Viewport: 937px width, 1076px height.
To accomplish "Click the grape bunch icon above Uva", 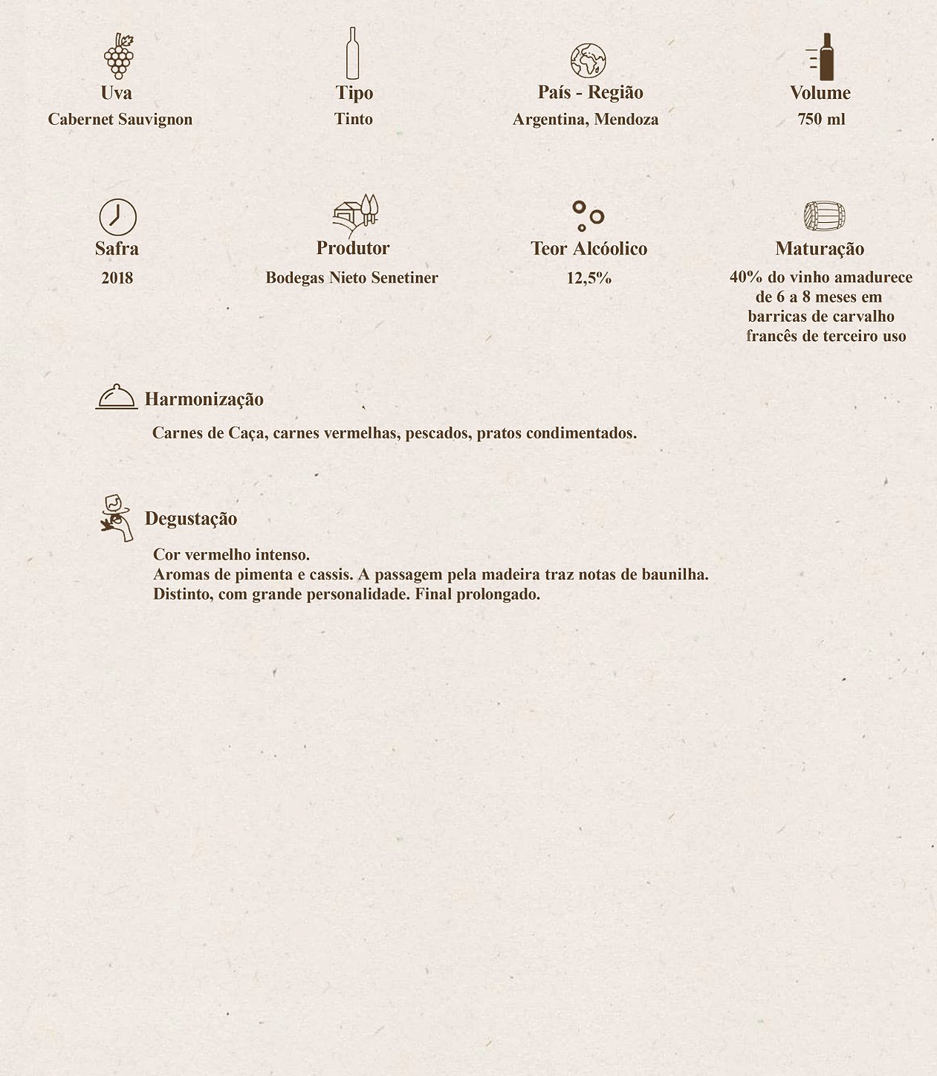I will [119, 56].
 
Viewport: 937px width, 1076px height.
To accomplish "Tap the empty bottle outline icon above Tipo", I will [352, 54].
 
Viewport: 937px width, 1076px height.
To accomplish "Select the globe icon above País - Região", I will [588, 61].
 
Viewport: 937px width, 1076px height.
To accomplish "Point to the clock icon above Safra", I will [117, 217].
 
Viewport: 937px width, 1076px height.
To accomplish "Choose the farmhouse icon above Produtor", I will [356, 214].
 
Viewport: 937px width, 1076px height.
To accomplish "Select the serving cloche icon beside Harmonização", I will [117, 397].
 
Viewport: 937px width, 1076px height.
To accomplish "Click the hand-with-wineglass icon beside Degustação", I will [115, 517].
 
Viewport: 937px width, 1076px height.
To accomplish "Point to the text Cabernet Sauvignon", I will [120, 120].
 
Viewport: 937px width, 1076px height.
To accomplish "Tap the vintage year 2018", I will [117, 278].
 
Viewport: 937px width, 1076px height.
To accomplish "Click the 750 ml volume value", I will [821, 120].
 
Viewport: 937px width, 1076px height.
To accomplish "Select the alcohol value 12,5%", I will [589, 278].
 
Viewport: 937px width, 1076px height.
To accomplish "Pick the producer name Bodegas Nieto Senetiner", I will [351, 278].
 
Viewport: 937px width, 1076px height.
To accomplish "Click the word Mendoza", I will [626, 120].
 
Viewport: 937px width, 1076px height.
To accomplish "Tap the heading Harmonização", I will [204, 399].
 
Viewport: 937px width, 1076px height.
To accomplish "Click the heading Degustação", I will [191, 519].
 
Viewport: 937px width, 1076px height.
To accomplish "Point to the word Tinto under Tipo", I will [354, 119].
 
